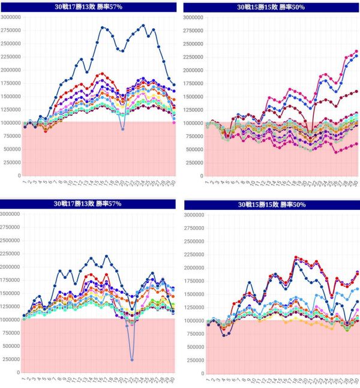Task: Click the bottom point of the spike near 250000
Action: click(x=132, y=359)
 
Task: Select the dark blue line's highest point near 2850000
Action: click(x=143, y=25)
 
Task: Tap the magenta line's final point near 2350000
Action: click(x=356, y=52)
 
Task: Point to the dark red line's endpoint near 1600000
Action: click(x=356, y=91)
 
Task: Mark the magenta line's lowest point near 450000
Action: click(x=336, y=152)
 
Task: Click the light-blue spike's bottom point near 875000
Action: click(x=123, y=129)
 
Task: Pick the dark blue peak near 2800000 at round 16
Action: click(x=102, y=28)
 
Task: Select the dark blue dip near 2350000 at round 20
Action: click(x=123, y=51)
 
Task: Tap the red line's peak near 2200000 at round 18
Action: click(x=296, y=257)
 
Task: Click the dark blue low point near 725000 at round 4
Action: click(x=223, y=335)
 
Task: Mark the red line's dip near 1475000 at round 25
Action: click(x=332, y=295)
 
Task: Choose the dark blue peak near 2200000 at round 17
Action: click(x=107, y=256)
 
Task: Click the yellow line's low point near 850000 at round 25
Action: click(x=332, y=328)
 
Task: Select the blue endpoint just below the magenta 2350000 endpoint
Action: click(x=356, y=56)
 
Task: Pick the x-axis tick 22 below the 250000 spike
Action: click(x=133, y=381)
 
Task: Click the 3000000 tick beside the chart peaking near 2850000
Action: click(x=10, y=17)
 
